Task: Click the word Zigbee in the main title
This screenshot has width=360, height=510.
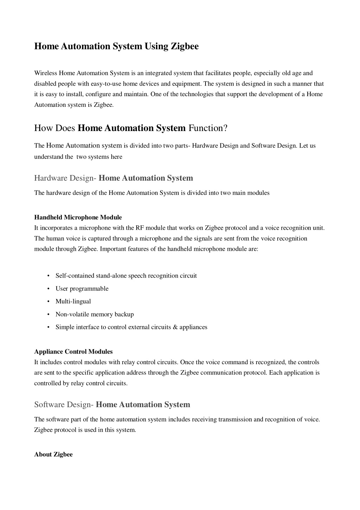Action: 184,46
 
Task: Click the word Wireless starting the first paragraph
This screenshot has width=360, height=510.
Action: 46,73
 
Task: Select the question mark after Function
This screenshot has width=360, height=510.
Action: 226,128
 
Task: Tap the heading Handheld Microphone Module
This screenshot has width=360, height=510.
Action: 78,217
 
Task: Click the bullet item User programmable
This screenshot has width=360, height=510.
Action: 82,289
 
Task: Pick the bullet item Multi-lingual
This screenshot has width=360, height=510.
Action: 73,301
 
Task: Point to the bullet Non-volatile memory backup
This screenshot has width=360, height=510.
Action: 95,314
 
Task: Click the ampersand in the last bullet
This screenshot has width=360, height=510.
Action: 175,327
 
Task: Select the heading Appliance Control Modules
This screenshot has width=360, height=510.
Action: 73,352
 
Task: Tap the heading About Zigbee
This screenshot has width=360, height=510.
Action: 53,454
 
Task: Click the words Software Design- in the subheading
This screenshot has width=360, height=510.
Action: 64,405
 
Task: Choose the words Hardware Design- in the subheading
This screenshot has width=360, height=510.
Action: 65,178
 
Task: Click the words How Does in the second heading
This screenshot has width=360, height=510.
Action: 55,128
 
